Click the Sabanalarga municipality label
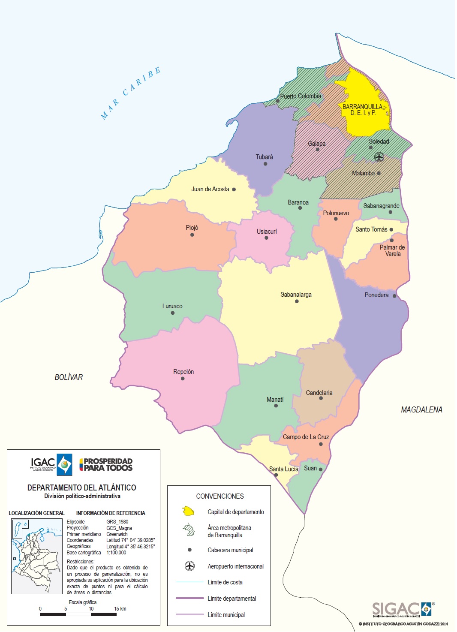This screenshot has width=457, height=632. point(296,295)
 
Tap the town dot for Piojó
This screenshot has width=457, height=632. point(192,235)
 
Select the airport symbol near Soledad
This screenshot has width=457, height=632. point(379,157)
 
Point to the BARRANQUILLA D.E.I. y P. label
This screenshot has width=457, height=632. point(362,109)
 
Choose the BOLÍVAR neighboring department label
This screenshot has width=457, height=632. point(69,377)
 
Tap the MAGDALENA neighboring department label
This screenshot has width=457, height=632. point(421,410)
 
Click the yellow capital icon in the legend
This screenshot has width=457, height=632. point(189,512)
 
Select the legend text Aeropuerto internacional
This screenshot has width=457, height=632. point(235,566)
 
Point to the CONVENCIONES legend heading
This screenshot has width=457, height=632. point(220,496)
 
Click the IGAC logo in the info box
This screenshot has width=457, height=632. point(51,465)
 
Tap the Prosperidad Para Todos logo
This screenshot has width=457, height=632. point(106,465)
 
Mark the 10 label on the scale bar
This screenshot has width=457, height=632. point(91,609)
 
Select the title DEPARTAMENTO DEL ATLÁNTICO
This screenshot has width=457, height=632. point(82,488)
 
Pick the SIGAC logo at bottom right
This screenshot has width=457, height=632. point(402,609)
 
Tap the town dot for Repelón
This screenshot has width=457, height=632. point(183,379)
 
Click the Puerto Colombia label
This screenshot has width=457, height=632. point(301,96)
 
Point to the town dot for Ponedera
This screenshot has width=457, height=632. point(394,296)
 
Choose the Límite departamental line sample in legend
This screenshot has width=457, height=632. point(189,598)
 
